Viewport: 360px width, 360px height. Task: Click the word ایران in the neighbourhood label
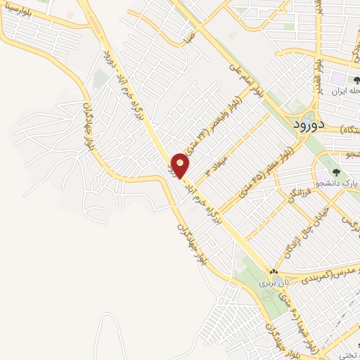click(349, 91)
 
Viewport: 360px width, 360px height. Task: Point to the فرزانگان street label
click(293, 188)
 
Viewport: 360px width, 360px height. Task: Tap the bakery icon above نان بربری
click(274, 272)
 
